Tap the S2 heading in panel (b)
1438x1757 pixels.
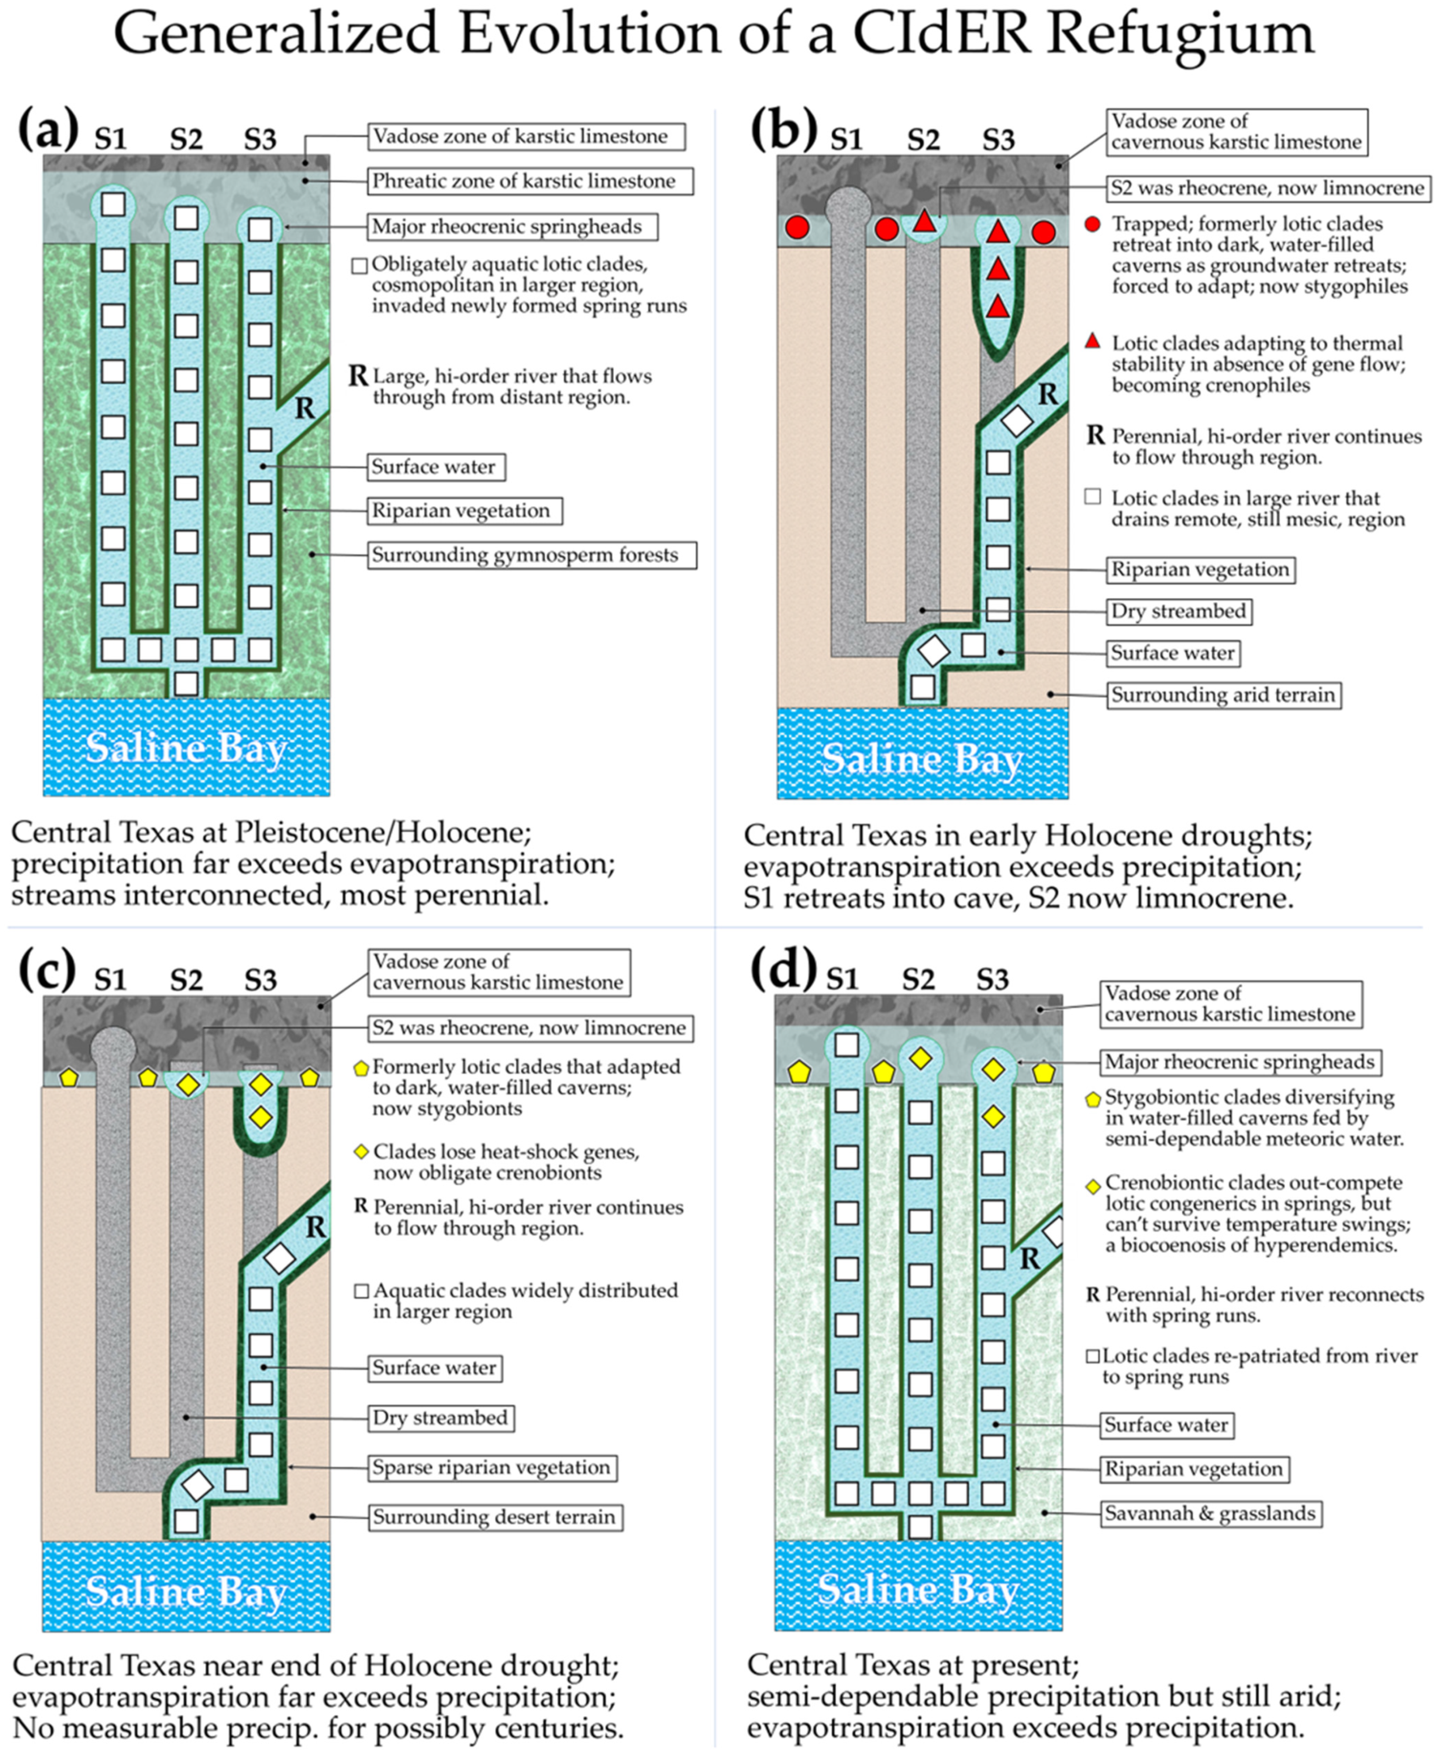pos(923,139)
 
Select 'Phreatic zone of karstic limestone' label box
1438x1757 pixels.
pos(524,181)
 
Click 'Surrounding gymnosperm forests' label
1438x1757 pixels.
pos(524,555)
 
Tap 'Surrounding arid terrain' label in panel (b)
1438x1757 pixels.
pos(1224,694)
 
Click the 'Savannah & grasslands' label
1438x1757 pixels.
pos(1209,1513)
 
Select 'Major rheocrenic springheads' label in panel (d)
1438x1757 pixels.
pos(1239,1062)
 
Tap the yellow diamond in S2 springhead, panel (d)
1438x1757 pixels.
pos(919,1058)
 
